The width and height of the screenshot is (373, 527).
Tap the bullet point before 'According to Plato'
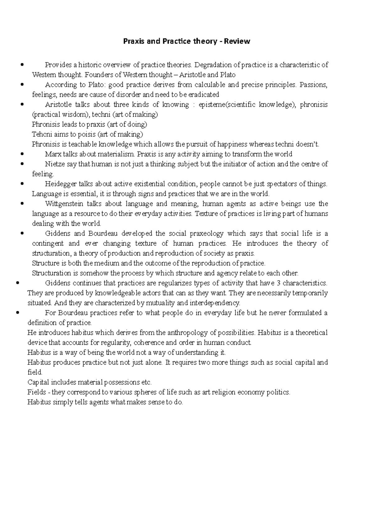click(22, 84)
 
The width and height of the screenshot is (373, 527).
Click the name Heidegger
click(60, 184)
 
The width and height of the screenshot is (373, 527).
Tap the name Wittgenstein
click(64, 204)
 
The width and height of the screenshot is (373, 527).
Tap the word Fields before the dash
click(36, 392)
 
